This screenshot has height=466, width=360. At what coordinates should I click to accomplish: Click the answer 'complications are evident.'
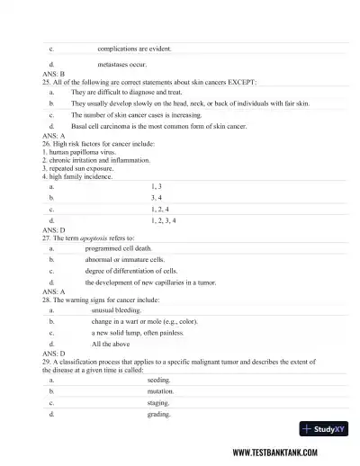pos(134,48)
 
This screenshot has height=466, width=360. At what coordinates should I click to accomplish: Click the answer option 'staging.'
pos(158,404)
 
